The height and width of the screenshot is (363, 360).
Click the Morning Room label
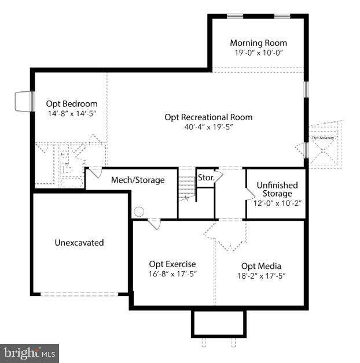click(258, 43)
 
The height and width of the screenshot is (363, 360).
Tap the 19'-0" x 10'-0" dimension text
click(258, 53)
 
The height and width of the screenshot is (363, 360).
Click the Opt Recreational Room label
click(208, 117)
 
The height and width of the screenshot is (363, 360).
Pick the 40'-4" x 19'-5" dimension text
click(208, 127)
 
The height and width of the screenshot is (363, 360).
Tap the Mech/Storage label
click(138, 180)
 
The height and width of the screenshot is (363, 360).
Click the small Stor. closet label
click(205, 177)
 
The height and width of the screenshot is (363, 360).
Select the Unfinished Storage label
click(277, 189)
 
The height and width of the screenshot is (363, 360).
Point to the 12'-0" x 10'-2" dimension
click(277, 203)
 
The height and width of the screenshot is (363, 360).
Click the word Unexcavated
click(79, 243)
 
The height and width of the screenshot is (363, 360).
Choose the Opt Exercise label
click(172, 264)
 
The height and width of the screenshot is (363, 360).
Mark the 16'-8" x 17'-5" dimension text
click(172, 274)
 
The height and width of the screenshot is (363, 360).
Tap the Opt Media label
click(257, 266)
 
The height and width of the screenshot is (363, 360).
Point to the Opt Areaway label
click(322, 138)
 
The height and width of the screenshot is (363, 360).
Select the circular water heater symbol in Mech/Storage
click(139, 212)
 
